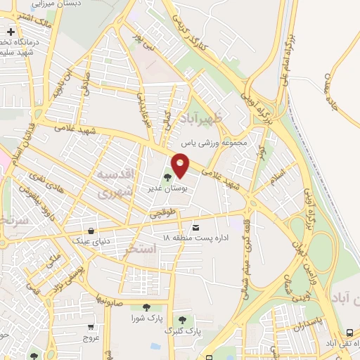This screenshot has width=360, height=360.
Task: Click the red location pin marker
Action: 181,166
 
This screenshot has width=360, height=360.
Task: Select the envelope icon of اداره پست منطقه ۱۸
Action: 195,226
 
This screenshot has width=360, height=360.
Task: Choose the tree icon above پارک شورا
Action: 146,307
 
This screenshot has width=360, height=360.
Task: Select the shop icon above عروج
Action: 91,327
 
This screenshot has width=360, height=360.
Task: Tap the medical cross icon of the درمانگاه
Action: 11,32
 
